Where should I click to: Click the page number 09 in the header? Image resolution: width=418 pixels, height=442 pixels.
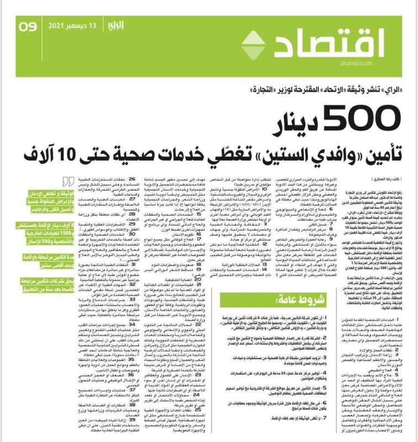28,26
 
